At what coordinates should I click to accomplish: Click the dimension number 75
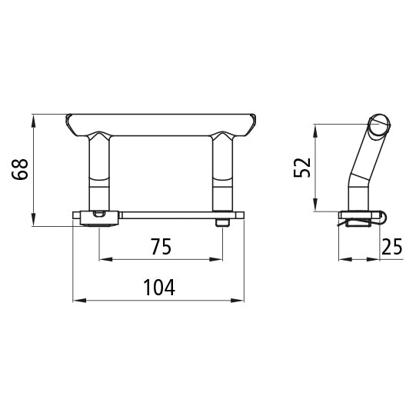coord(160,247)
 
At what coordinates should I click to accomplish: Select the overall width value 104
coord(160,288)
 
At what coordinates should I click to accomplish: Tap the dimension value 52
coord(302,167)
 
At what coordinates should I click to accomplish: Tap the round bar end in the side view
coord(380,126)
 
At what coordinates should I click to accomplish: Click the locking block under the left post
coord(98,218)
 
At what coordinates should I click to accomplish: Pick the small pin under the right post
coord(222,222)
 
